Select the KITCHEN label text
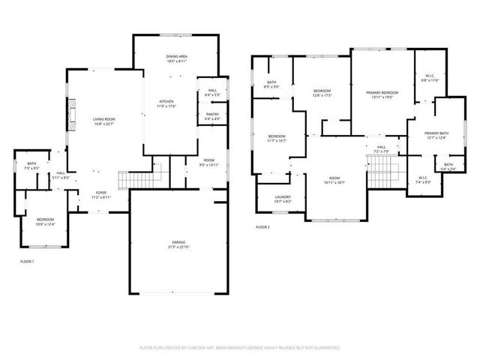coord(166,103)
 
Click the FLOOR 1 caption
coord(27,261)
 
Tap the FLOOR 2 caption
coord(262,226)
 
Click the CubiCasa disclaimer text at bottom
coord(240,348)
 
